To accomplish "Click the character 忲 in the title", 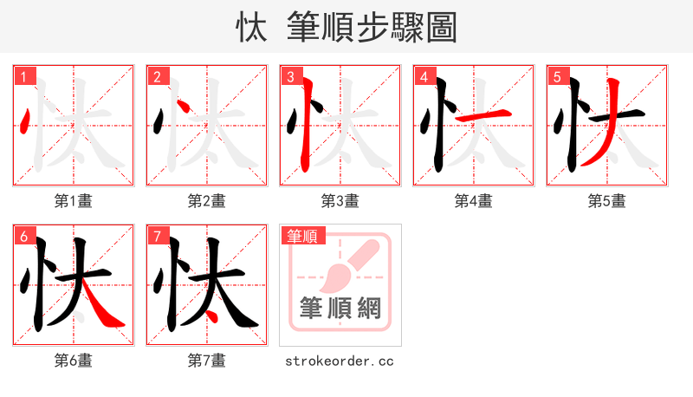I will pyautogui.click(x=249, y=28).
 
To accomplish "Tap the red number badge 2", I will pyautogui.click(x=157, y=77).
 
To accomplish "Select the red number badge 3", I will pyautogui.click(x=290, y=77).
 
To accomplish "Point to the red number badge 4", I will pyautogui.click(x=424, y=77).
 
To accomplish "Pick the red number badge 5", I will pyautogui.click(x=557, y=77).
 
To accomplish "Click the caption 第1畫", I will pyautogui.click(x=74, y=201).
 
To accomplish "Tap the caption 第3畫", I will pyautogui.click(x=340, y=201).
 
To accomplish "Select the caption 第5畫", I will pyautogui.click(x=607, y=201).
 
